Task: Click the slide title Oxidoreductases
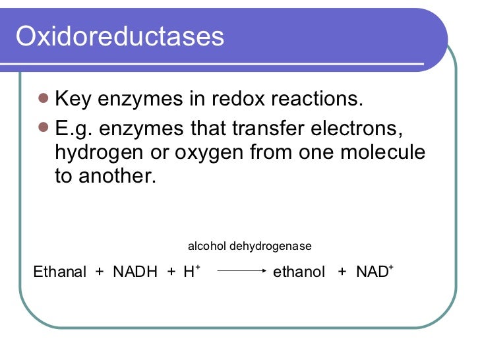[x=119, y=37]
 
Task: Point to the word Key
[x=74, y=100]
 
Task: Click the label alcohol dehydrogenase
[x=249, y=247]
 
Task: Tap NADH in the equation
[x=135, y=272]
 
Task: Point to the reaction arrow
[x=242, y=271]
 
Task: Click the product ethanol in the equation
[x=299, y=272]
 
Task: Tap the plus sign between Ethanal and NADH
[x=100, y=272]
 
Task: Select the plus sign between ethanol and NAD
[x=342, y=272]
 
